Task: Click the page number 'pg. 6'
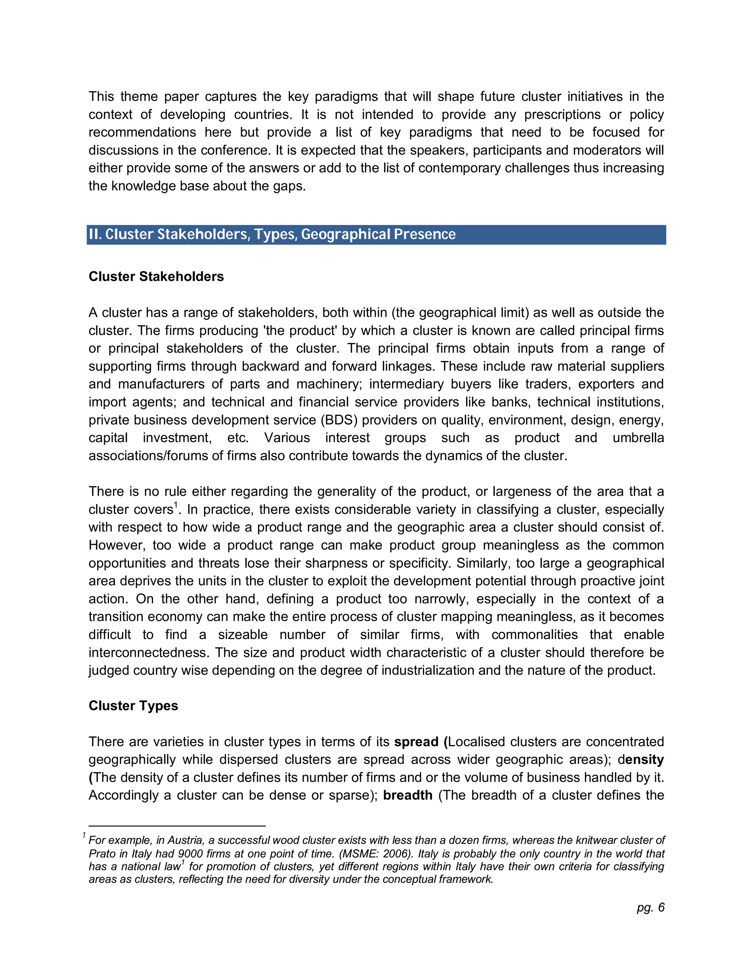click(650, 907)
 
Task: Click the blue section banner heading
click(376, 234)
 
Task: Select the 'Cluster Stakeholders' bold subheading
click(156, 276)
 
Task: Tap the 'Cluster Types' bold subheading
click(133, 706)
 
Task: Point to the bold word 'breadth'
click(408, 795)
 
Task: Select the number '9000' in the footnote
click(191, 853)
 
